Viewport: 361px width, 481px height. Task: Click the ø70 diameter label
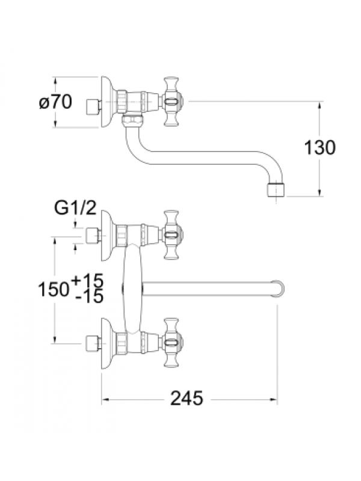[x=55, y=102]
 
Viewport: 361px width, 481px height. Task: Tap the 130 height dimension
[x=320, y=147]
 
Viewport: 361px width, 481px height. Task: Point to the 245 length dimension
[x=187, y=398]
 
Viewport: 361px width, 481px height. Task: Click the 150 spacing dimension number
[x=54, y=289]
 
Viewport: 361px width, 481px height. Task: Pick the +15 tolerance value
[x=87, y=280]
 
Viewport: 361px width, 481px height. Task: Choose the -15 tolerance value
[x=89, y=296]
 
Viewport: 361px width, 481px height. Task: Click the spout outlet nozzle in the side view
[x=276, y=190]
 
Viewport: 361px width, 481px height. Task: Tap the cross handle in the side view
[x=172, y=102]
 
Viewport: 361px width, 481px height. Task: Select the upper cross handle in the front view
[x=172, y=235]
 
